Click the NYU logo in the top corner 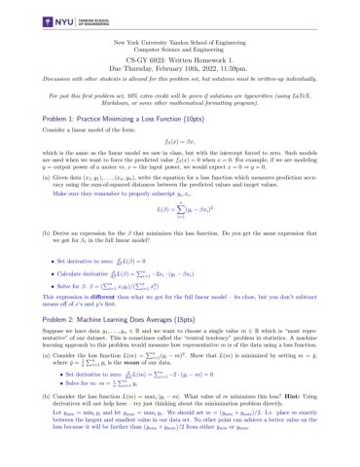[x=38, y=19]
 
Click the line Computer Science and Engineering [x=180, y=53]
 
